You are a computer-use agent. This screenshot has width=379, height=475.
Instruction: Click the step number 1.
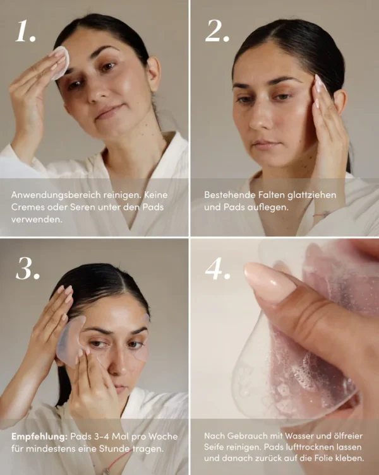coord(26,31)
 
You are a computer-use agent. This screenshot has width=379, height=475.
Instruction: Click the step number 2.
coord(217,31)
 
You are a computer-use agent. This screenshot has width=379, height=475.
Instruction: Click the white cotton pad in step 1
coord(60,61)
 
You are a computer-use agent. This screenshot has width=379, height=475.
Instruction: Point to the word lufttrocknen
coord(301,447)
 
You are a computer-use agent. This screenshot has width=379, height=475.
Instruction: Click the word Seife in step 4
coord(217,447)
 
